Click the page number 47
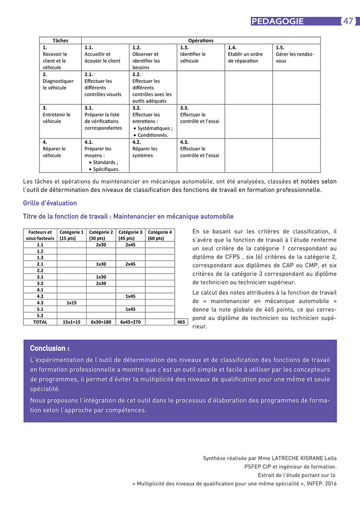tap(348, 21)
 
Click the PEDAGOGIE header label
tap(277, 21)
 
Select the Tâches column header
tap(60, 41)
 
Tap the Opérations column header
tap(201, 41)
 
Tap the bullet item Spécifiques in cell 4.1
tap(105, 169)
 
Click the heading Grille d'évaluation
tap(50, 203)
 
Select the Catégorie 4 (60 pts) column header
tap(160, 235)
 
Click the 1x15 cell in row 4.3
tap(71, 303)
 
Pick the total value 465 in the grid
tap(181, 322)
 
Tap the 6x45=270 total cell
tap(130, 322)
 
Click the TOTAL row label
tap(40, 322)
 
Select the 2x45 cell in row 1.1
tap(130, 245)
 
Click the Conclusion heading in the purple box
tap(50, 348)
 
